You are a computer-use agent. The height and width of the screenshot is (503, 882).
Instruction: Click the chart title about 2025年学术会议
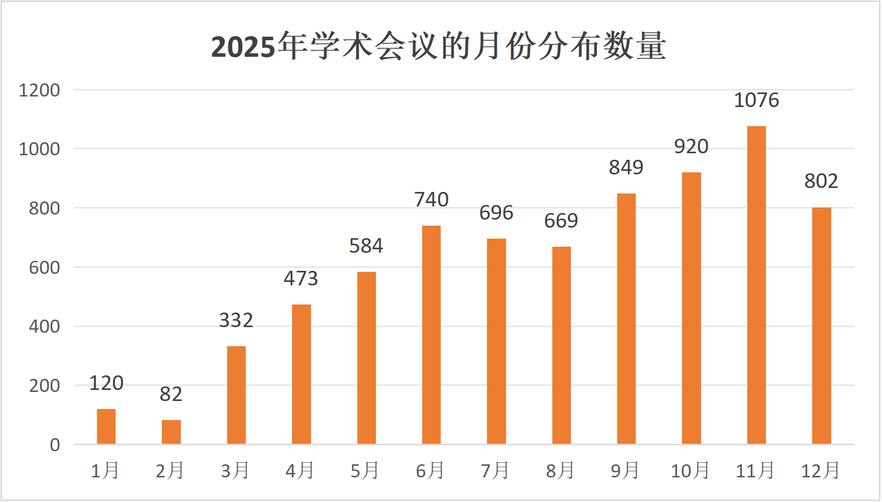click(x=438, y=46)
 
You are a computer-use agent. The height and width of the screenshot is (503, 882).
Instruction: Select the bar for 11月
click(x=756, y=285)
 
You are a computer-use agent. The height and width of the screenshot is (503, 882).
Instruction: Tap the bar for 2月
click(x=171, y=432)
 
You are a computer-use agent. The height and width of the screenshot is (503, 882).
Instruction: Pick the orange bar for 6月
click(x=431, y=335)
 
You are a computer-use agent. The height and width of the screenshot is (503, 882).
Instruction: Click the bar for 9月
click(x=626, y=319)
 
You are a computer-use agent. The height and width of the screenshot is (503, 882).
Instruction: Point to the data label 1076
click(x=756, y=100)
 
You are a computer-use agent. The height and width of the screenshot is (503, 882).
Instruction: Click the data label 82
click(x=171, y=394)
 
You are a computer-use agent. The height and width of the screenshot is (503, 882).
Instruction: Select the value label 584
click(x=366, y=246)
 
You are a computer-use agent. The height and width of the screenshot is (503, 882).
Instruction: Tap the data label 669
click(x=561, y=221)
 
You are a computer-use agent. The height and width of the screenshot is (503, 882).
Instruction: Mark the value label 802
click(x=821, y=181)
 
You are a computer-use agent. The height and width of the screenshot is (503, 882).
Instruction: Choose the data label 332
click(x=236, y=321)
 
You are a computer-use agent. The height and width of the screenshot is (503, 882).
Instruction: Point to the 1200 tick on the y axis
click(x=39, y=90)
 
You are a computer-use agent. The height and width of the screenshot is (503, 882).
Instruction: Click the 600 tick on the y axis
click(x=44, y=268)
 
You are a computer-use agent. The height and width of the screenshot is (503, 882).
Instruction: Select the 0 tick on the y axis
click(x=55, y=445)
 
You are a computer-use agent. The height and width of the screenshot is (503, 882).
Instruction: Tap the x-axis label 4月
click(x=300, y=471)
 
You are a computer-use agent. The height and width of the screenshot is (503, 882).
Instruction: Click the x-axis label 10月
click(x=690, y=471)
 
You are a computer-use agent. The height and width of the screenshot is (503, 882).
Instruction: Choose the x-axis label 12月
click(x=820, y=471)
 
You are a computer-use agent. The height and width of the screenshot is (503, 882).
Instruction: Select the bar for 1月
click(x=106, y=427)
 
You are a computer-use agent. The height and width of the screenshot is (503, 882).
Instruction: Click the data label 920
click(x=691, y=147)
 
